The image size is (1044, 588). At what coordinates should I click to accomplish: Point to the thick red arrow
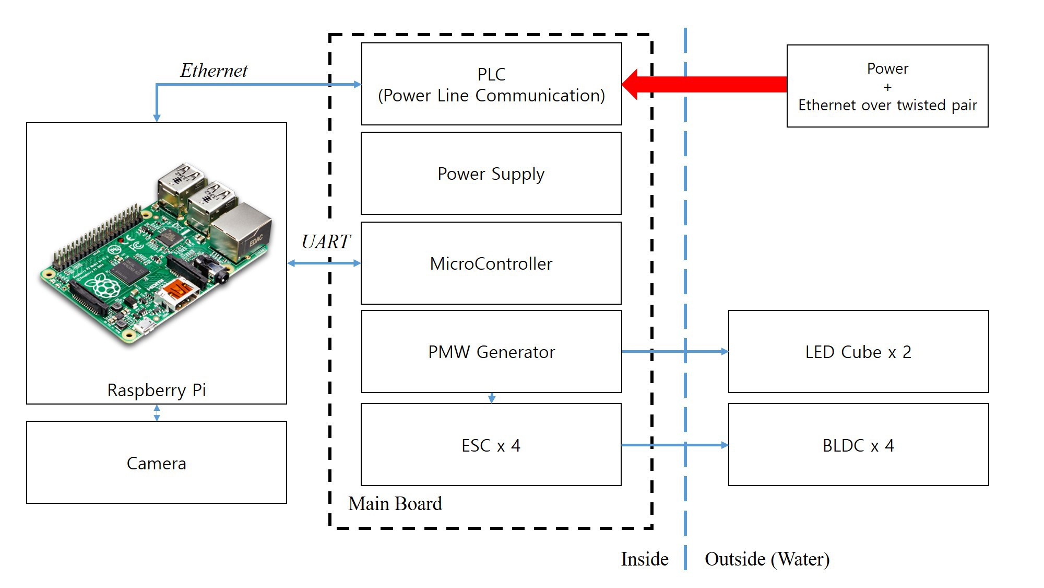[x=705, y=84]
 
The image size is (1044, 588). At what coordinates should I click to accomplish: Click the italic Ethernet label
[x=214, y=70]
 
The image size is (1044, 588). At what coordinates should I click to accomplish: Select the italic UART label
[x=326, y=241]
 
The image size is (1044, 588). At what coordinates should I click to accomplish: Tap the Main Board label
[x=395, y=503]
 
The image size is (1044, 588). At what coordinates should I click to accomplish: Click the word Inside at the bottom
[x=645, y=559]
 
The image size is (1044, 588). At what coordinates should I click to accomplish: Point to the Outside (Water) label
[x=767, y=559]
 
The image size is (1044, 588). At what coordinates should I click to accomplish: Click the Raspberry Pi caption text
[x=157, y=390]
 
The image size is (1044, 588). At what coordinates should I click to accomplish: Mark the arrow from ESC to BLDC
[x=675, y=445]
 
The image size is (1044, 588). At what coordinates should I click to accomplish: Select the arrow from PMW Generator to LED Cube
[x=675, y=351]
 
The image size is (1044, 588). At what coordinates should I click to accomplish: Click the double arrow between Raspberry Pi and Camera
[x=157, y=412]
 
